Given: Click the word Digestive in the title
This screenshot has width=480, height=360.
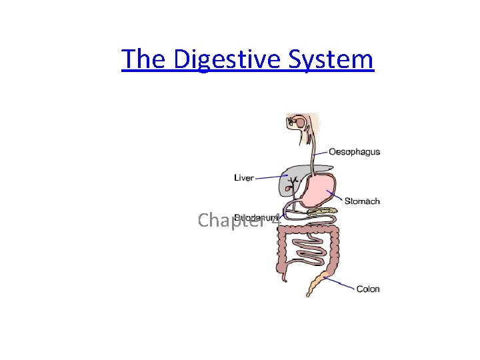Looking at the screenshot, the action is click(229, 59).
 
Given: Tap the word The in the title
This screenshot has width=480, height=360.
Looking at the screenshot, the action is click(145, 59).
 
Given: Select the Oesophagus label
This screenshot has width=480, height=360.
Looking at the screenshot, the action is click(355, 151).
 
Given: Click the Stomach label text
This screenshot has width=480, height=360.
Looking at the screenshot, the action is click(362, 201).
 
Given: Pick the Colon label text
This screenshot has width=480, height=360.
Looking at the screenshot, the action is click(368, 289).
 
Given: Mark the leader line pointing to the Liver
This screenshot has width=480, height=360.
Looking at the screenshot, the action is click(271, 177).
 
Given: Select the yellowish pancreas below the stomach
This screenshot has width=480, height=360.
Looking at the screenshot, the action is click(323, 213).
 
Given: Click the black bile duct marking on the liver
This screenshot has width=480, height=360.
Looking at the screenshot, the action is click(292, 179).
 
